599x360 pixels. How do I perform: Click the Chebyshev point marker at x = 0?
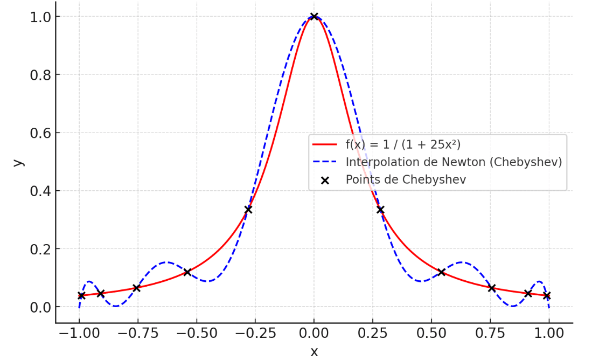click(x=314, y=17)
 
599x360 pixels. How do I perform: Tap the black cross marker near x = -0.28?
click(x=248, y=210)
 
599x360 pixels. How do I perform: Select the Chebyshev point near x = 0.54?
click(x=441, y=272)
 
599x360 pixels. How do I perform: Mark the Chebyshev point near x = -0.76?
click(x=136, y=288)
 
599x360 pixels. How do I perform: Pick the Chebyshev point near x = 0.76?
click(x=492, y=288)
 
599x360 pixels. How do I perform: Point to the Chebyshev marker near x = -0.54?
click(x=187, y=272)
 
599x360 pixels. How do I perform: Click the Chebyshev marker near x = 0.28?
click(x=380, y=210)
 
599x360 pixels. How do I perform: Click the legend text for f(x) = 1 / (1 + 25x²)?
click(x=403, y=144)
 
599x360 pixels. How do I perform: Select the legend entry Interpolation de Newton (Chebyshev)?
click(x=454, y=162)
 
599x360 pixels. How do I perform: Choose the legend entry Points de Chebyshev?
click(x=406, y=179)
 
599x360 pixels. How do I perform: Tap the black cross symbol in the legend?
click(x=325, y=180)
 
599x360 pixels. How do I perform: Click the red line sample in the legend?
click(x=325, y=144)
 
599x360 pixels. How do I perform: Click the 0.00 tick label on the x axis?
click(x=314, y=333)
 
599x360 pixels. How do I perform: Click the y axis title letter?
click(x=18, y=162)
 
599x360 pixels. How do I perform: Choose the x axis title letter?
click(x=314, y=351)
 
